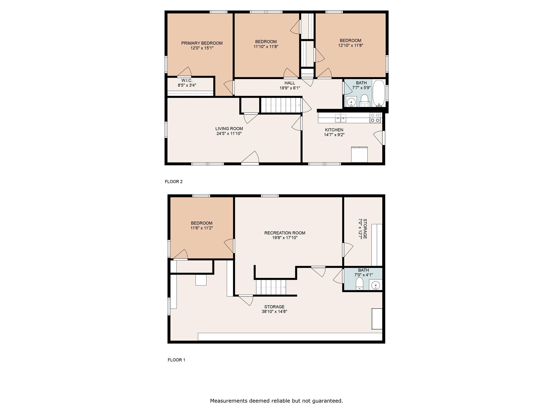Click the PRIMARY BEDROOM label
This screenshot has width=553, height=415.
pyautogui.click(x=202, y=43)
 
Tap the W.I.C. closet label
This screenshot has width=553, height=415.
pyautogui.click(x=187, y=81)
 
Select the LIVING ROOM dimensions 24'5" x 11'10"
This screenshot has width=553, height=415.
pyautogui.click(x=229, y=133)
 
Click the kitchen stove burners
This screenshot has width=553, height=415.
pyautogui.click(x=375, y=118)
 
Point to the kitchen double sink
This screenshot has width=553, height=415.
pyautogui.click(x=340, y=118)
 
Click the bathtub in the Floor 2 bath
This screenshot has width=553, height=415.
pyautogui.click(x=379, y=93)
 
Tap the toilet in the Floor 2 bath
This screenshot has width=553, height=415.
pyautogui.click(x=365, y=101)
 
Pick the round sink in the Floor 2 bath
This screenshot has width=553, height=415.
pyautogui.click(x=351, y=102)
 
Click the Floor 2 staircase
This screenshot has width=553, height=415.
pyautogui.click(x=281, y=105)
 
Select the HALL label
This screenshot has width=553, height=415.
pyautogui.click(x=290, y=83)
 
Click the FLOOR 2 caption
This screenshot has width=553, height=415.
pyautogui.click(x=174, y=182)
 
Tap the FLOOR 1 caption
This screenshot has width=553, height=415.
pyautogui.click(x=176, y=360)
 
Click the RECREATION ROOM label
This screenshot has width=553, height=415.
pyautogui.click(x=285, y=233)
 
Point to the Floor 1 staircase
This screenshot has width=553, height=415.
pyautogui.click(x=271, y=287)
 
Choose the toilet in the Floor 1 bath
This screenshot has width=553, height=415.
pyautogui.click(x=359, y=284)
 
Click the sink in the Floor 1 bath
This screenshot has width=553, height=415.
pyautogui.click(x=375, y=285)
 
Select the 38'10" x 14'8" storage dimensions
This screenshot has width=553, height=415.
pyautogui.click(x=274, y=312)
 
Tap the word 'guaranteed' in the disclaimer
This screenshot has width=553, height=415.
pyautogui.click(x=327, y=401)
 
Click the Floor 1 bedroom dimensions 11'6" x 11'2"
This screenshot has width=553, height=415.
pyautogui.click(x=202, y=228)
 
